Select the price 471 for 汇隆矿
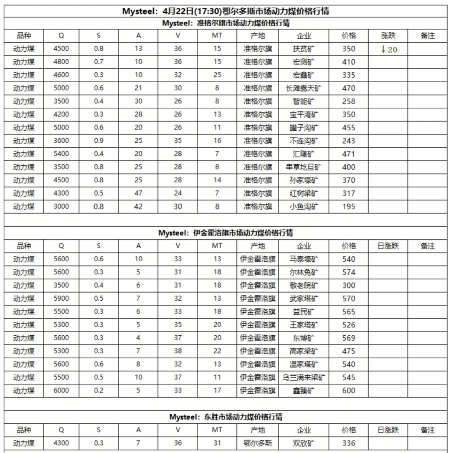[x=348, y=154]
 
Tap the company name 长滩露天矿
[x=304, y=88]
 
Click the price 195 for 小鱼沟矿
[x=348, y=207]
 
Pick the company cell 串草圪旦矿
[x=304, y=167]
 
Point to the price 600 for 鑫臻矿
[x=348, y=391]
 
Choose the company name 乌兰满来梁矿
[x=304, y=377]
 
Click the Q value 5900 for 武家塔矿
[x=61, y=299]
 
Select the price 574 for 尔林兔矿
[x=348, y=272]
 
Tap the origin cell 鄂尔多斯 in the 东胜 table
[x=258, y=443]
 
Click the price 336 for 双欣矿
[x=348, y=443]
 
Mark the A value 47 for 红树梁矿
[x=138, y=194]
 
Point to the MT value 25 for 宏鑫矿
[x=217, y=75]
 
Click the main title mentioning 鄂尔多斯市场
[x=225, y=11]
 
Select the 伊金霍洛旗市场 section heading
[x=225, y=233]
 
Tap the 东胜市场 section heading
[x=225, y=417]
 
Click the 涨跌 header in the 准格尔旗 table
[x=388, y=36]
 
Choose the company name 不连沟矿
[x=304, y=141]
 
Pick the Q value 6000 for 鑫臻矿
[x=61, y=391]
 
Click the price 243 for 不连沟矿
[x=348, y=141]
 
